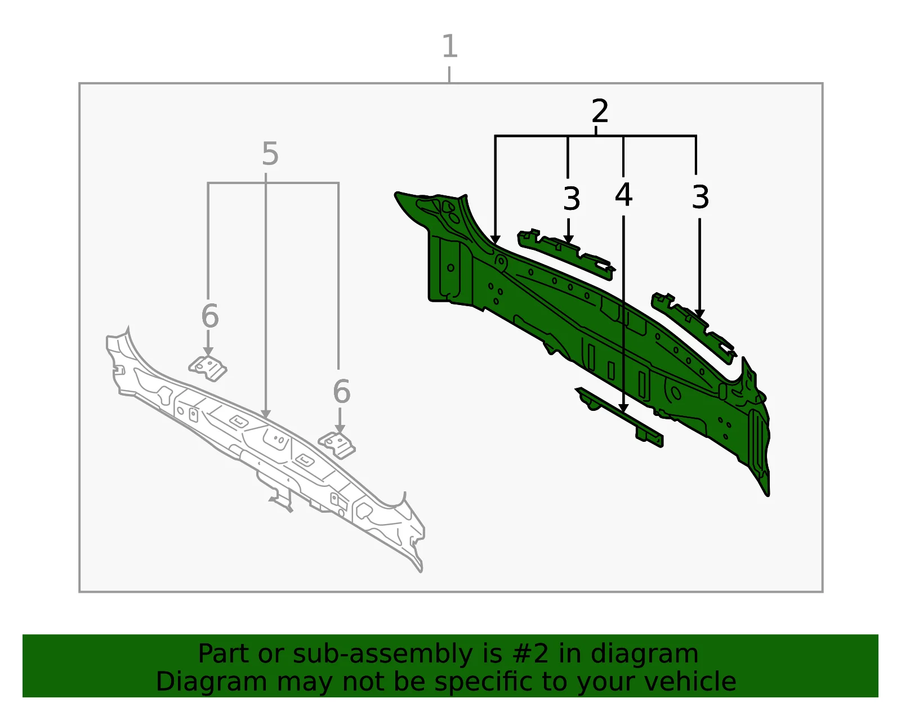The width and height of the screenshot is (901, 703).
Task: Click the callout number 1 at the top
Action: point(450,46)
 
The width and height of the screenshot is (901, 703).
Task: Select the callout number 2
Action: point(600,111)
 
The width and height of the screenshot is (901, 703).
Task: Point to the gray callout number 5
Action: point(270,154)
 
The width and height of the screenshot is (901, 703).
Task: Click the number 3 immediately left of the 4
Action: point(572,199)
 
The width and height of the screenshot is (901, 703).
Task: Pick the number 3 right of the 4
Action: point(701,197)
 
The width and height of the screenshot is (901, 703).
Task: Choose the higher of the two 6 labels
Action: point(210,316)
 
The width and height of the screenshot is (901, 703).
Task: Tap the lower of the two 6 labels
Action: point(342,392)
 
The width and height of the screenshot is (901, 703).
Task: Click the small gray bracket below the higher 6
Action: point(208,368)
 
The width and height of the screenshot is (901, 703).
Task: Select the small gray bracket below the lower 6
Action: point(337,445)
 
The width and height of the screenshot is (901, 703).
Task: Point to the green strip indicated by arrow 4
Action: point(619,417)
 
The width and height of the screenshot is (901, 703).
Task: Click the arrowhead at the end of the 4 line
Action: point(623,409)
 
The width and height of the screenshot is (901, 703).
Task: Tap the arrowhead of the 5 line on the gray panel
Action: point(266,414)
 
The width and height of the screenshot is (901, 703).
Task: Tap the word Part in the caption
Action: point(224,653)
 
